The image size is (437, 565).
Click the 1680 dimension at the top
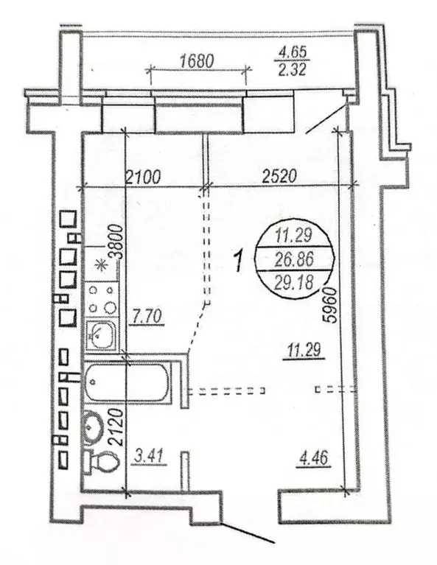197,60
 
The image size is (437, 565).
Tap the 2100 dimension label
143,178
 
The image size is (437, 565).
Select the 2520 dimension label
279,176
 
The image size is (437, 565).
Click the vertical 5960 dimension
330,305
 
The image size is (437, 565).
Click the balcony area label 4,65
291,52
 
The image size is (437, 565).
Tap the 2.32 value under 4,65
292,69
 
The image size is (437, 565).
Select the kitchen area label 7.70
147,317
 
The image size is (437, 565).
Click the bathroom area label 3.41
150,457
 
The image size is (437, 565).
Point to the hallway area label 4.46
313,458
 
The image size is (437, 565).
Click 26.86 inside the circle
294,259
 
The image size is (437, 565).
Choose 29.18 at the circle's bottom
294,282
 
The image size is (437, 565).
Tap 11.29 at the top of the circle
294,236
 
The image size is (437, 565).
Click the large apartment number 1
238,262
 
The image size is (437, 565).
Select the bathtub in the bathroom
127,382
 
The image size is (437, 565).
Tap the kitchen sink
102,334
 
